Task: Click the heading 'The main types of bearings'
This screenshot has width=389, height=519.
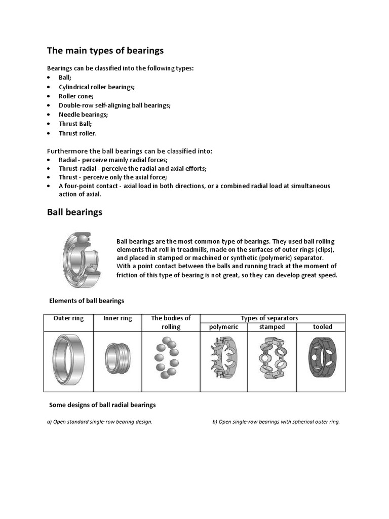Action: [x=105, y=51]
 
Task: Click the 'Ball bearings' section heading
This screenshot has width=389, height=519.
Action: [x=74, y=212]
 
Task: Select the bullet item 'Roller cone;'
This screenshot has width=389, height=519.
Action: [x=76, y=96]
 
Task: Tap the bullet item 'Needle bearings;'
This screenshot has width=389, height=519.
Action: [x=83, y=115]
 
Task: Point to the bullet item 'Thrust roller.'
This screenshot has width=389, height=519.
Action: [x=77, y=133]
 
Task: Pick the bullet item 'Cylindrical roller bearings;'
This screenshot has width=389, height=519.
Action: [x=96, y=87]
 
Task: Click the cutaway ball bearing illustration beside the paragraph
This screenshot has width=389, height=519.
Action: [x=82, y=259]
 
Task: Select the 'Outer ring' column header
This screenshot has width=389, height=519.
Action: [x=69, y=318]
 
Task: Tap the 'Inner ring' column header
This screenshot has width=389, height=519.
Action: [x=118, y=318]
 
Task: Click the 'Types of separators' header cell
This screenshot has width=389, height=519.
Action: [x=269, y=318]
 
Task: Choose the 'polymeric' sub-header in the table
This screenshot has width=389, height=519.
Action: [x=223, y=327]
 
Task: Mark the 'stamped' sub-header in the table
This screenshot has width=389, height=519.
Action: [x=272, y=327]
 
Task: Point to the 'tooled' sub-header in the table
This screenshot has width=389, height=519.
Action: [x=322, y=327]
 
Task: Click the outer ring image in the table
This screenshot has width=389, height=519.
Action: [x=69, y=360]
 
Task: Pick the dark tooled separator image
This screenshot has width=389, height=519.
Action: [x=321, y=360]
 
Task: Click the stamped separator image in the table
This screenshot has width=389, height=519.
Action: [x=271, y=360]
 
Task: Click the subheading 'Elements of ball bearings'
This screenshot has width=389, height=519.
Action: [x=86, y=301]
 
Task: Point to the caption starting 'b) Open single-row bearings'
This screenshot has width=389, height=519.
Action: [x=276, y=422]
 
